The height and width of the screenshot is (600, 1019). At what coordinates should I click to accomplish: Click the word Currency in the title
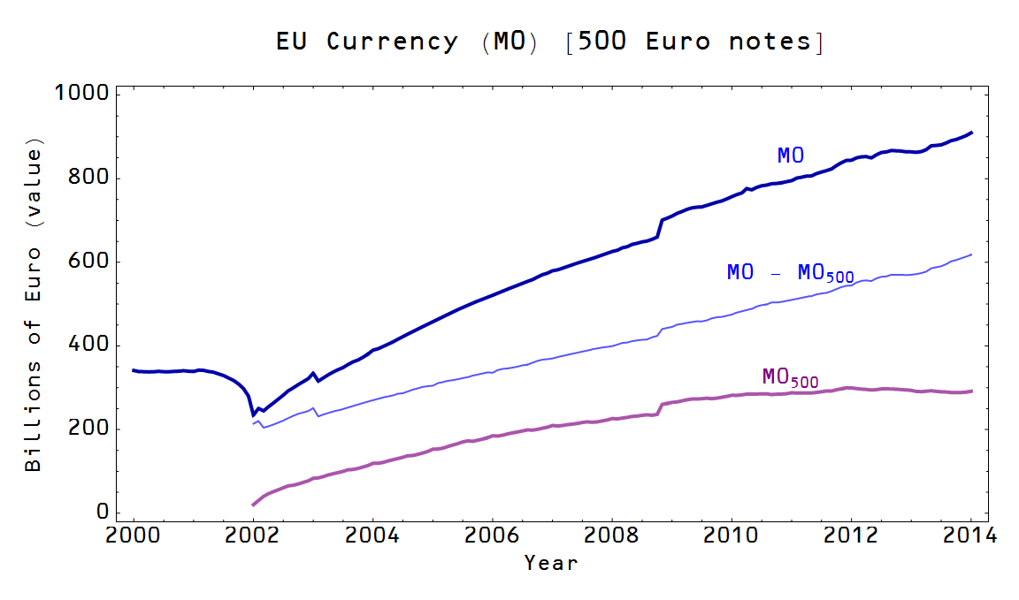[392, 42]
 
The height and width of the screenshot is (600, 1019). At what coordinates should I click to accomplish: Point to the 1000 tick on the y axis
[81, 94]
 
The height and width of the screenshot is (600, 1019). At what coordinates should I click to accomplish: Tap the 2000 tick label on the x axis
[134, 536]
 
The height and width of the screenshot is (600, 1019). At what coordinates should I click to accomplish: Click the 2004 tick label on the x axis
[373, 536]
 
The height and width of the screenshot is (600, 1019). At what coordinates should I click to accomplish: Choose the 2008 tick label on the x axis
[612, 536]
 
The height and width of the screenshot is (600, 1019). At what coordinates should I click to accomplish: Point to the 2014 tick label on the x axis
[971, 536]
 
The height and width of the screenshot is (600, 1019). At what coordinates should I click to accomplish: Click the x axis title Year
[550, 563]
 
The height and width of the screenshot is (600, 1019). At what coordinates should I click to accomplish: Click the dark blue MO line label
[790, 156]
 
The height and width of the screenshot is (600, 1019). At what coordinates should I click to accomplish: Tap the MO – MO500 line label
[790, 273]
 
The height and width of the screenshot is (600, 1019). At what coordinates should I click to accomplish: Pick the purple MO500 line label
[789, 377]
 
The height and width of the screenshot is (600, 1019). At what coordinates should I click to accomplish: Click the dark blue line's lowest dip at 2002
[253, 414]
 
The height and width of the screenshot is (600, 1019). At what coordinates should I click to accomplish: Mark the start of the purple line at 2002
[253, 505]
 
